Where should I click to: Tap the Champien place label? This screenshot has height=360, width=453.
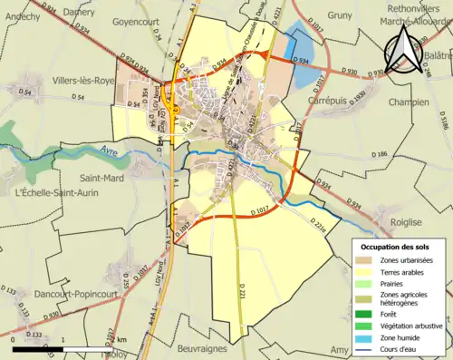409,102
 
